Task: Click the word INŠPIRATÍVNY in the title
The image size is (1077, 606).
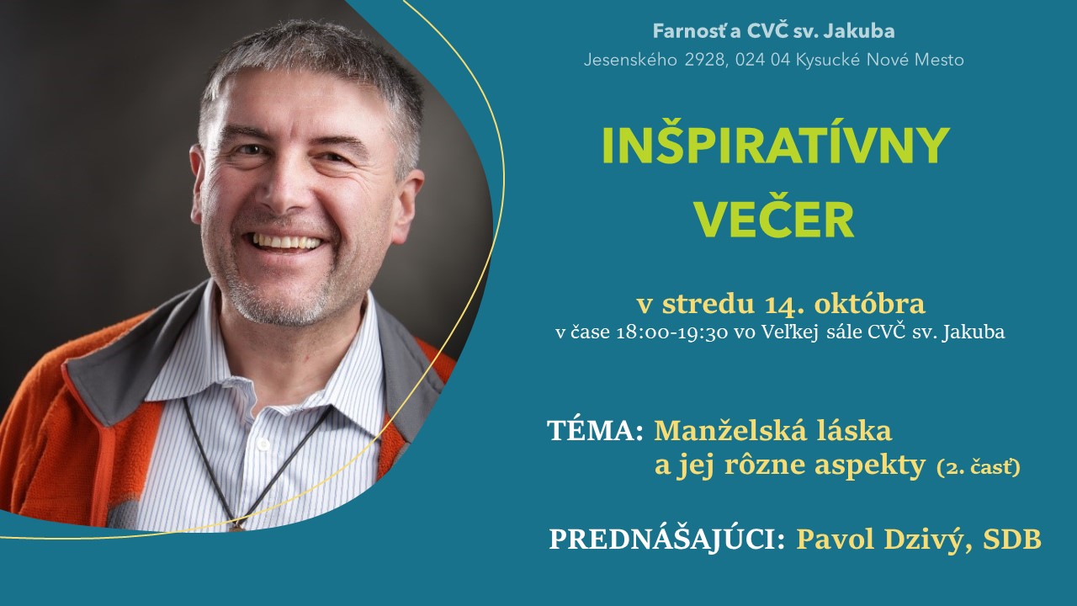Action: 776,146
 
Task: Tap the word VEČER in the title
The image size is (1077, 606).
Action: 776,220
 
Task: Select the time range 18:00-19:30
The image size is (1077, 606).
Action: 671,332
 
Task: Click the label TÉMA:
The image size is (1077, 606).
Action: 595,430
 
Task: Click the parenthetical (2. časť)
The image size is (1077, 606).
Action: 979,468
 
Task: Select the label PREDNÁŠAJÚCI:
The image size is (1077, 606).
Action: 667,540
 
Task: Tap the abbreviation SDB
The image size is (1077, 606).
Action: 1012,540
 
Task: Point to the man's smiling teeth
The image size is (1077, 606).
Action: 287,242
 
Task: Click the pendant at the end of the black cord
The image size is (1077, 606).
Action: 237,526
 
